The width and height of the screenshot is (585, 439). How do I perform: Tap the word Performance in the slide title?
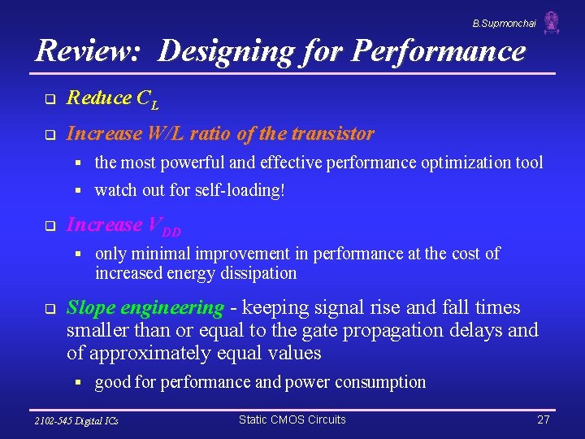coord(439,51)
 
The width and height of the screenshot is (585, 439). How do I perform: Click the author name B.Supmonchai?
coord(504,24)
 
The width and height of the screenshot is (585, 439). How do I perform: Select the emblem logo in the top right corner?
coord(552,22)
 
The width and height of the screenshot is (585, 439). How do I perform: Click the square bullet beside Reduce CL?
coord(49,100)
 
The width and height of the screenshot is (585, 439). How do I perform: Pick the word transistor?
coord(336,133)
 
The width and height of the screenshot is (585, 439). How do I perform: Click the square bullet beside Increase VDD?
coord(49,227)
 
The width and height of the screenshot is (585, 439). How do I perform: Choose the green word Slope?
coord(92,308)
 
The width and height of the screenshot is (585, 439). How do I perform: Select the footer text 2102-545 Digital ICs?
coord(76,421)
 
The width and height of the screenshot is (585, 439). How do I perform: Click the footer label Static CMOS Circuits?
coord(292,419)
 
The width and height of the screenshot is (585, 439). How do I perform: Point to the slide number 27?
coord(544,420)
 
